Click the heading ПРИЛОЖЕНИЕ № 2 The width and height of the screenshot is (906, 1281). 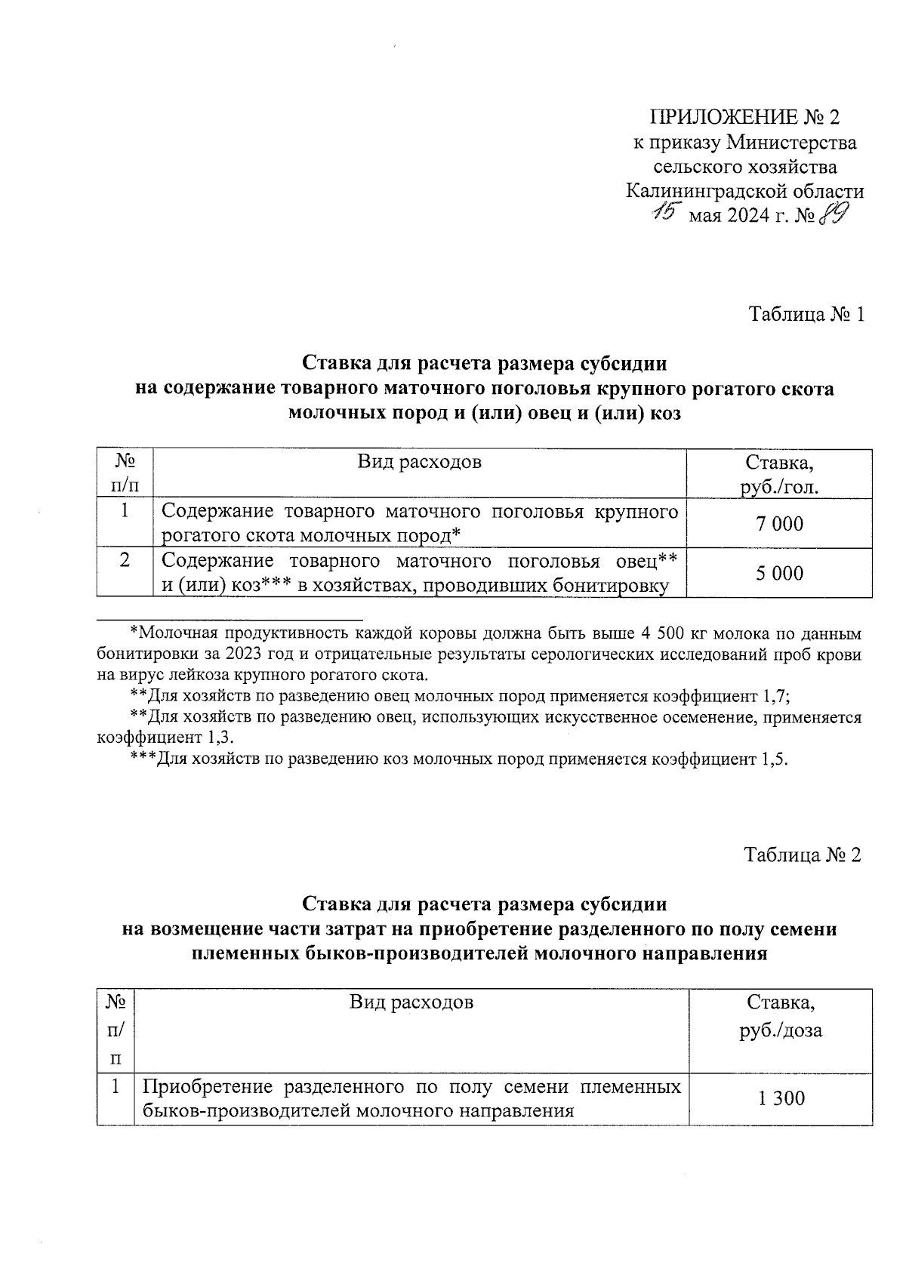[744, 117]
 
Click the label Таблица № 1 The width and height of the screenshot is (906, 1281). [805, 314]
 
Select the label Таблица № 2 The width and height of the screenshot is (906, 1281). [802, 855]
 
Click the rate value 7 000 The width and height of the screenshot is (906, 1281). [780, 523]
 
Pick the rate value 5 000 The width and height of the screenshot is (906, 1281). [780, 573]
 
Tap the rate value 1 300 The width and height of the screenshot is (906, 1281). [781, 1098]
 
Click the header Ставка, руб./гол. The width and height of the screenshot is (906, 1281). [780, 474]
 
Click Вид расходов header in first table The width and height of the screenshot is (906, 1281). [419, 461]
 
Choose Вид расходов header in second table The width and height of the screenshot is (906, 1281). [411, 1002]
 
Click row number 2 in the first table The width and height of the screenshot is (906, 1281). [125, 560]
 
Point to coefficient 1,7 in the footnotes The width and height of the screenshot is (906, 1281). [776, 695]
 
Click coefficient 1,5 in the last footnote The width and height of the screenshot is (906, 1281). [773, 759]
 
